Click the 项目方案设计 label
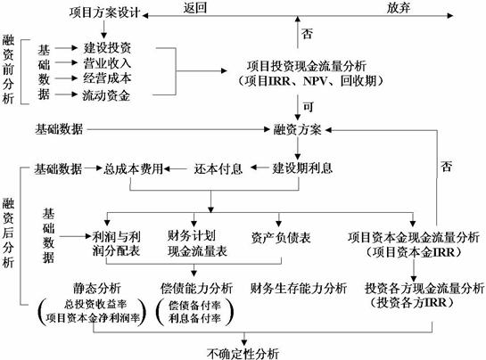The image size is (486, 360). (104, 13)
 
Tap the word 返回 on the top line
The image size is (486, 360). (195, 8)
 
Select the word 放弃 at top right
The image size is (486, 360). (399, 8)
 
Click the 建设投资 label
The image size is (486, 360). (107, 47)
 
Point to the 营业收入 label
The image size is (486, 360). (107, 63)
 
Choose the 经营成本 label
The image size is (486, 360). (107, 78)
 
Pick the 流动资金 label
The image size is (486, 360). (106, 95)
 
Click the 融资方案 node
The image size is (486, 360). (298, 129)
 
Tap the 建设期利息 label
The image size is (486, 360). (302, 168)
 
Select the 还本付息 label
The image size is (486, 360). (218, 168)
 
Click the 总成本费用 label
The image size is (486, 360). (133, 168)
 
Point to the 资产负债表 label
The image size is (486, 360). (281, 238)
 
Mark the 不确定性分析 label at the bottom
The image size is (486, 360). (243, 354)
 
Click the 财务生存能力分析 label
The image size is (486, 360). (299, 288)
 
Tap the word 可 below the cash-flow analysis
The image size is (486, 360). (308, 107)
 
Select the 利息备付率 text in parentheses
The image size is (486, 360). (194, 318)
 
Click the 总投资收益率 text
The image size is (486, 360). (95, 304)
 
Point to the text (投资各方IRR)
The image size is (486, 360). (412, 302)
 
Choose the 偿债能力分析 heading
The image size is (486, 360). (196, 288)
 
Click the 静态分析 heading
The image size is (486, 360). (97, 288)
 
